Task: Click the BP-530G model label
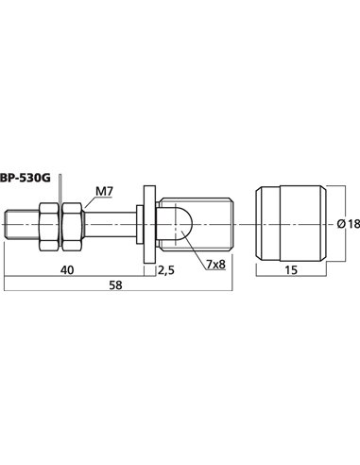26,179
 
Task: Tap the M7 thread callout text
104,191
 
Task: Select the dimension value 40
67,269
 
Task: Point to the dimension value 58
115,285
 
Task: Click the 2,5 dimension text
165,270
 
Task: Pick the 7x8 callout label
216,265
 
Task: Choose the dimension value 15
291,270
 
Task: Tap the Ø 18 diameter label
349,224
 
